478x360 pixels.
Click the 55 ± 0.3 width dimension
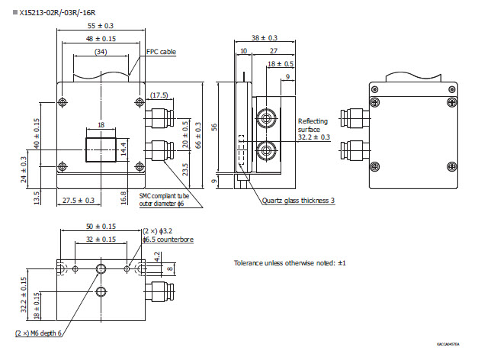click(101, 25)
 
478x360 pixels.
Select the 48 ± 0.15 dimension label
click(101, 38)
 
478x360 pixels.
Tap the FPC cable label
click(161, 52)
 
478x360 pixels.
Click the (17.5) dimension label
click(159, 95)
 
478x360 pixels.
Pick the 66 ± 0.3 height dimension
click(200, 136)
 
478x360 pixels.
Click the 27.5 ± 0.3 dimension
click(78, 200)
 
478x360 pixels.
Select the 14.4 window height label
click(124, 146)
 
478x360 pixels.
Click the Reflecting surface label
click(313, 125)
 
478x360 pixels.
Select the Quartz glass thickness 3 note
click(298, 201)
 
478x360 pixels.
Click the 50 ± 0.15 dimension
click(101, 227)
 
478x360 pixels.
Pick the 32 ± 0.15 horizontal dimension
click(101, 239)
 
